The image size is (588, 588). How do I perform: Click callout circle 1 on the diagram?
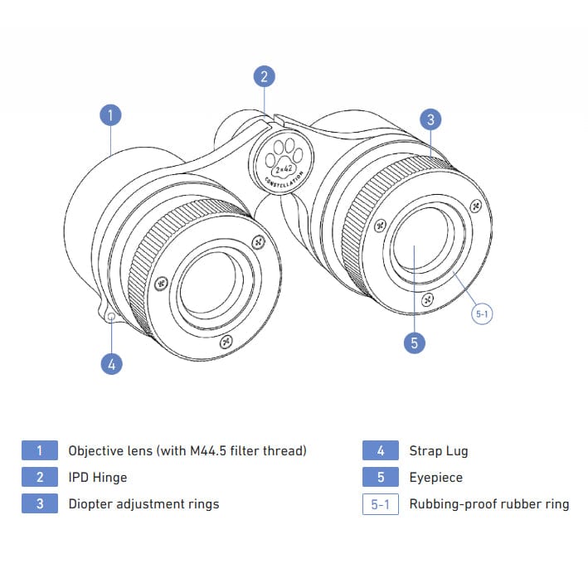[110, 114]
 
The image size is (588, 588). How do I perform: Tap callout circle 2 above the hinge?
[264, 77]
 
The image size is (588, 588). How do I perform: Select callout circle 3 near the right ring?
[430, 119]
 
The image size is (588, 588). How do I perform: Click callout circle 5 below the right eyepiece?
[414, 342]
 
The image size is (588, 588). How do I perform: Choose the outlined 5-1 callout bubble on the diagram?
[483, 314]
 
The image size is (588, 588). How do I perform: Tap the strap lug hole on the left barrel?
[111, 317]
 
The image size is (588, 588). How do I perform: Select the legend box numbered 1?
[40, 451]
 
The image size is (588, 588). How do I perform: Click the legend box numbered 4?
[381, 451]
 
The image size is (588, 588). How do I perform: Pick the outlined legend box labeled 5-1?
[381, 504]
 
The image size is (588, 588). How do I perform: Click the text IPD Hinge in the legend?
[98, 478]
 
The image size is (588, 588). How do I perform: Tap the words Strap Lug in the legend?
[439, 451]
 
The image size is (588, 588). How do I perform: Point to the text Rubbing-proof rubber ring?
[489, 504]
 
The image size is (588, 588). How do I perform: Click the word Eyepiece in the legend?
[436, 478]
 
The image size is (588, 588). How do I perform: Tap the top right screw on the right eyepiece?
[475, 206]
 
